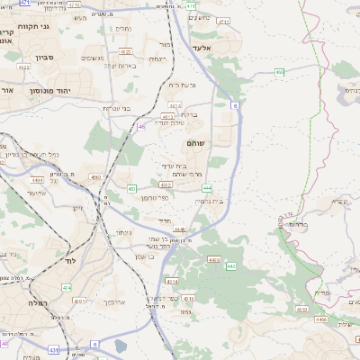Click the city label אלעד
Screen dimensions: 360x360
pos(202,47)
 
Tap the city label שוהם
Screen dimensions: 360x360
pos(196,143)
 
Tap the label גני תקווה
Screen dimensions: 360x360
pos(39,26)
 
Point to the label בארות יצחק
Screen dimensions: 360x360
pos(119,65)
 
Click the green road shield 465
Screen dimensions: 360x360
pos(280,72)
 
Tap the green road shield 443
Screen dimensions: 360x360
pos(230,266)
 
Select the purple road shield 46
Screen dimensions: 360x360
pos(141,127)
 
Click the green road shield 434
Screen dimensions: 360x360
pos(66,287)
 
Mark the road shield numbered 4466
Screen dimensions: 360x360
pos(321,319)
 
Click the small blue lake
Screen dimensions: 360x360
pos(121,346)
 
